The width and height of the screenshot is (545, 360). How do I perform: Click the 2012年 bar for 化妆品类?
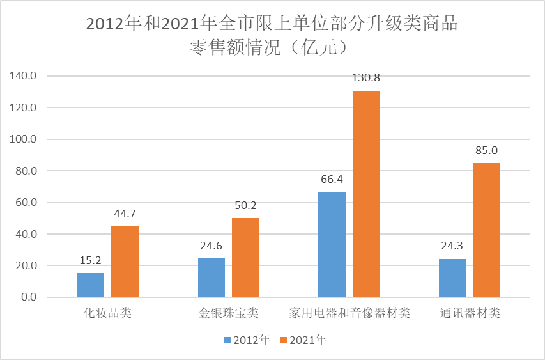(91, 285)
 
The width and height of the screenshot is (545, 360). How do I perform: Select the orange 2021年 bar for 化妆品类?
(125, 262)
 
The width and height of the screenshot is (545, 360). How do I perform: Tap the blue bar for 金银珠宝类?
(211, 278)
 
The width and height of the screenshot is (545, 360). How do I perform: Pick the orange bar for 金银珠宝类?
(245, 258)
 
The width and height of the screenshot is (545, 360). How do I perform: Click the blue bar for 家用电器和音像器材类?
(332, 245)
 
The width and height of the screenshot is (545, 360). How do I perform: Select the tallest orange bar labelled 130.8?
(366, 194)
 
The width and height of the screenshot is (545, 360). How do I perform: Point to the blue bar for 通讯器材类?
(452, 278)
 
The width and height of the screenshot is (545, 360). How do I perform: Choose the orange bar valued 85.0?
(486, 230)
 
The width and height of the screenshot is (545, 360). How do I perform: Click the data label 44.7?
(125, 214)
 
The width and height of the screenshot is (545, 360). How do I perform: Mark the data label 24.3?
(452, 246)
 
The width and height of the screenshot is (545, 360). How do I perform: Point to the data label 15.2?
(91, 261)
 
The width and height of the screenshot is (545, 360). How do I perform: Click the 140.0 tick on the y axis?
(24, 76)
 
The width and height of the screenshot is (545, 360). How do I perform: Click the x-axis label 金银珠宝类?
(228, 314)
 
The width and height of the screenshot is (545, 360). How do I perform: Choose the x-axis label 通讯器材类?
(470, 314)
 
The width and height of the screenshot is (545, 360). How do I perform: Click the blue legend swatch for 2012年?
(227, 340)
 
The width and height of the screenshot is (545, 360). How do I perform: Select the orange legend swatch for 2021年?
(283, 340)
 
